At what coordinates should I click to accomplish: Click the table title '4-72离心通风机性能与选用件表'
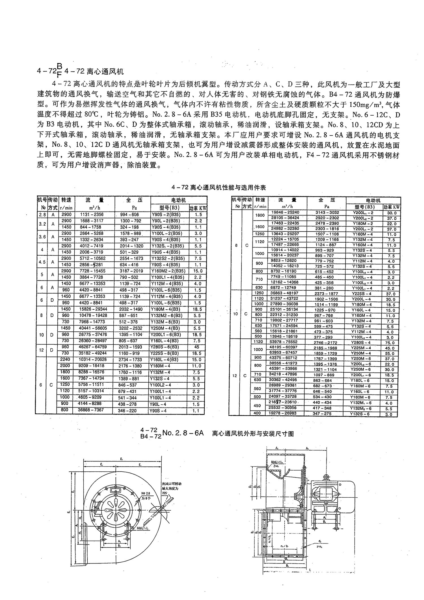click(x=219, y=187)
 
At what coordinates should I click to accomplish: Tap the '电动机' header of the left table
click(x=179, y=200)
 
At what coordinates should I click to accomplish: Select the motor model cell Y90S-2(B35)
click(x=166, y=215)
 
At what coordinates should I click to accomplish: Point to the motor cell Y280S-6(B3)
click(x=166, y=347)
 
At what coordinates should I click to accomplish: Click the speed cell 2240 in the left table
click(x=65, y=360)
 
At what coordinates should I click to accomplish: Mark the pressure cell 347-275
click(x=323, y=414)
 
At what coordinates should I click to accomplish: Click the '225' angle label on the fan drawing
click(x=164, y=493)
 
